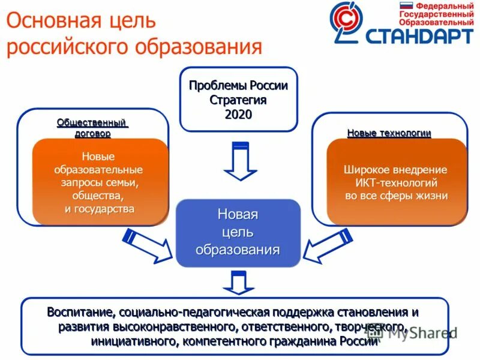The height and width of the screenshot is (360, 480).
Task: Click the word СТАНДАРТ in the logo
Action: pyautogui.click(x=419, y=35)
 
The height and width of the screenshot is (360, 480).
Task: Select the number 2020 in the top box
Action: pyautogui.click(x=238, y=114)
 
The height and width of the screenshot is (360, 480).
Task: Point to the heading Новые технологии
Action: pyautogui.click(x=389, y=133)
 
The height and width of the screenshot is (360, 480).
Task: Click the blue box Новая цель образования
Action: pyautogui.click(x=238, y=233)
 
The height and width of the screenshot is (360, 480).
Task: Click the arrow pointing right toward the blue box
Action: pyautogui.click(x=146, y=245)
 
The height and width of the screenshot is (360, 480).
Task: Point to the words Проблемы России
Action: pyautogui.click(x=238, y=85)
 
